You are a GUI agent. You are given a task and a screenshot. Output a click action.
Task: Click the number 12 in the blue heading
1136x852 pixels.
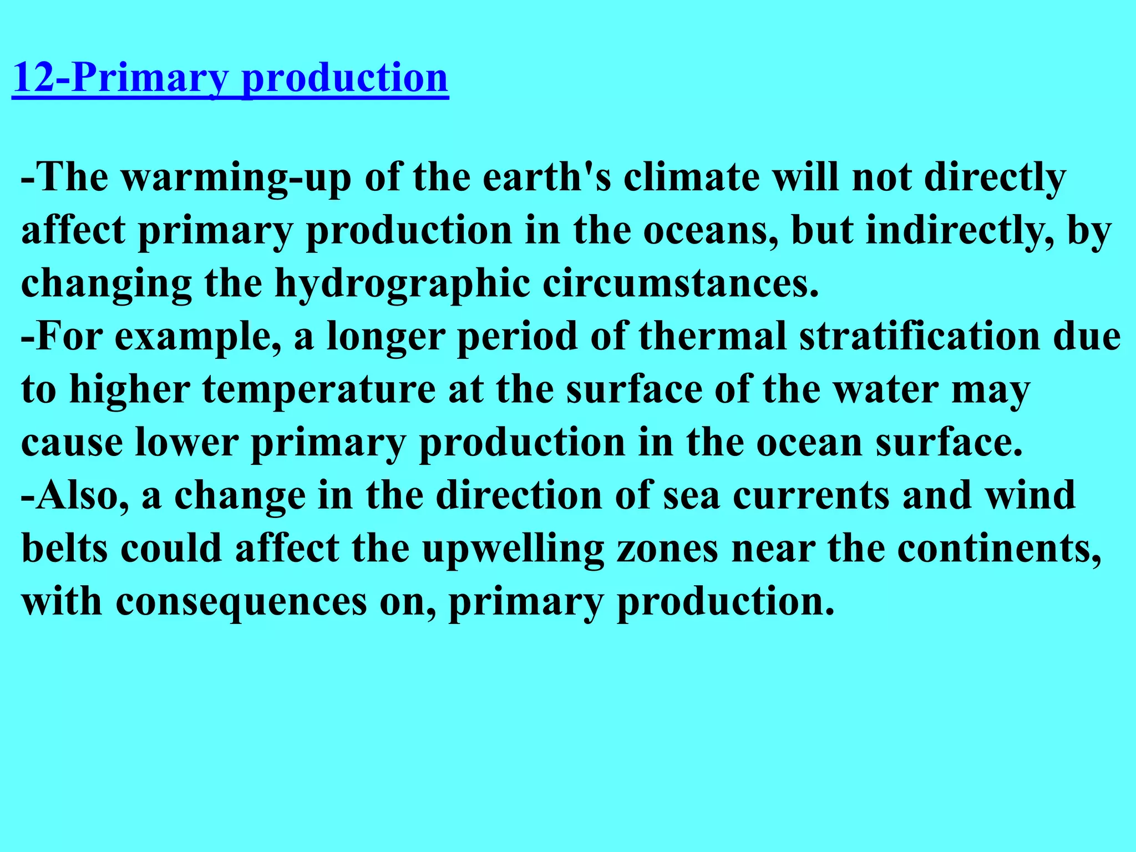tap(33, 78)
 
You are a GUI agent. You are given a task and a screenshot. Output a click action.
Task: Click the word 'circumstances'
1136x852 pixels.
tap(680, 284)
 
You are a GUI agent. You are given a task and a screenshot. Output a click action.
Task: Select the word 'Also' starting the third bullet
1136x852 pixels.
tap(77, 495)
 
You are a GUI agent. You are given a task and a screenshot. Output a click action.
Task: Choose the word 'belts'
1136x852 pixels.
tap(64, 548)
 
